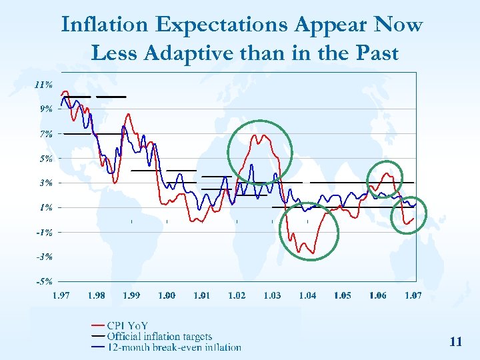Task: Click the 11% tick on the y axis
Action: point(44,85)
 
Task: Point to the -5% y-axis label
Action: point(44,281)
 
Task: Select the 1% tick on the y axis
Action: point(46,207)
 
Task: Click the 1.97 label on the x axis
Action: point(61,295)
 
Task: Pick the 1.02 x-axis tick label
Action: point(237,295)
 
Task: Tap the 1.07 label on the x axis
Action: point(413,295)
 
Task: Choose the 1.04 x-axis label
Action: point(307,295)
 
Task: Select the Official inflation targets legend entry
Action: point(159,337)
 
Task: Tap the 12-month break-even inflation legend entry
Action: point(174,347)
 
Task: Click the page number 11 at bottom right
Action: point(456,342)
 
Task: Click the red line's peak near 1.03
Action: point(264,135)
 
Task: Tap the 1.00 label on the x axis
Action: point(167,295)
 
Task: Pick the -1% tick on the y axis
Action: point(44,232)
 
